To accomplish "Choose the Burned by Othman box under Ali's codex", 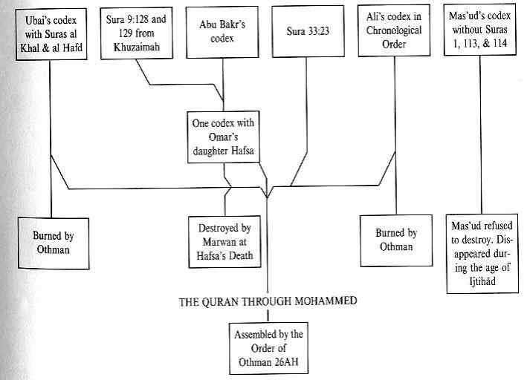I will point(395,239).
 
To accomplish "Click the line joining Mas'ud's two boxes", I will point(481,134).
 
